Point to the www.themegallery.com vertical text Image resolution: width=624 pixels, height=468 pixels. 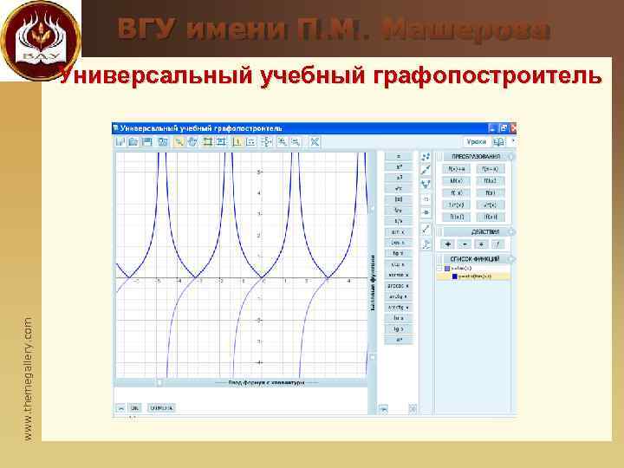coord(28,376)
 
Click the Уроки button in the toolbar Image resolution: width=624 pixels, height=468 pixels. coord(476,140)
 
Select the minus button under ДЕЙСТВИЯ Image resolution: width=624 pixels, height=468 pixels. coord(465,244)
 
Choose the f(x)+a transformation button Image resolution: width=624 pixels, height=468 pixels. coord(456,168)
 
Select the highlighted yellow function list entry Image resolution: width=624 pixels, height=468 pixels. coord(475,276)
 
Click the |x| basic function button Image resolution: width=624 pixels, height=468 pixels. coord(399,198)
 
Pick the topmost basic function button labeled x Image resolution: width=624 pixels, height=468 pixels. coord(399,156)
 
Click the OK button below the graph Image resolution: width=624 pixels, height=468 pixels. coord(134,406)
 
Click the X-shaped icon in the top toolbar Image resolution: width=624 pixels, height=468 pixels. coord(315,141)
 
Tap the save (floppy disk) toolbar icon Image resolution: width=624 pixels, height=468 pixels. coord(147,141)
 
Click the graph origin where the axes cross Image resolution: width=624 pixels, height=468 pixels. coord(263,278)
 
